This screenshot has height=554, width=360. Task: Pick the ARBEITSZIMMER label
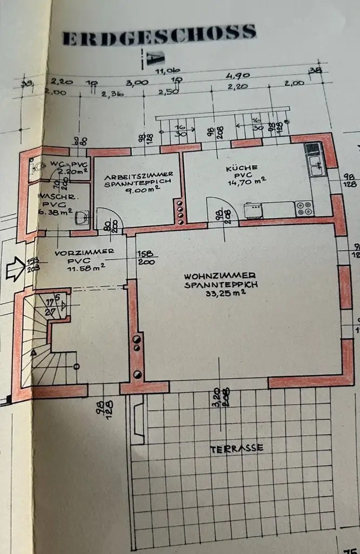tap(139, 175)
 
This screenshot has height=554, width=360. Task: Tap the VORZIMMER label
tap(77, 252)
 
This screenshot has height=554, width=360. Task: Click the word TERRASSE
tap(237, 447)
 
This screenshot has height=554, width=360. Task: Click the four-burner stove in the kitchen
tap(303, 208)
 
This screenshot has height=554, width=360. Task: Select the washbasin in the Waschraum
tap(82, 218)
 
